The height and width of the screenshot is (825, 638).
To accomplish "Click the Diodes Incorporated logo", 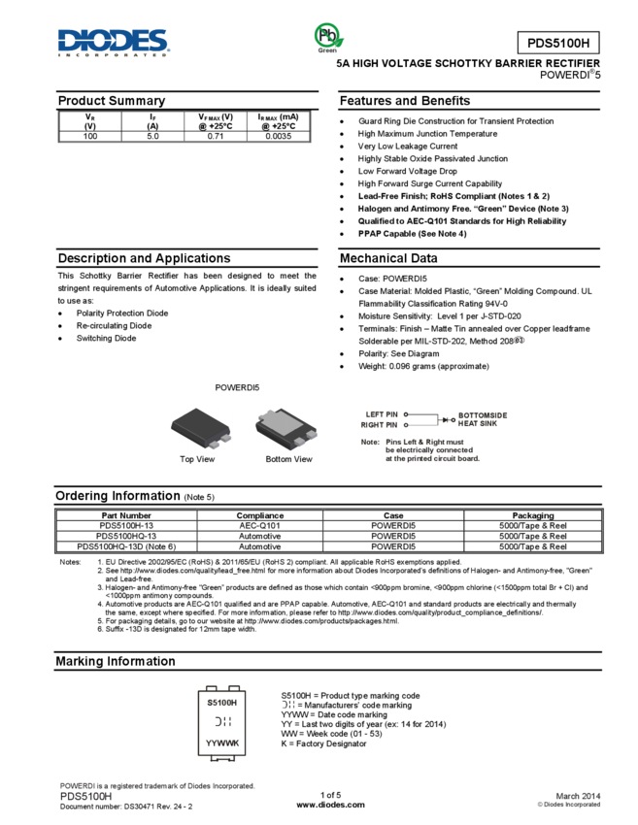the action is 113,43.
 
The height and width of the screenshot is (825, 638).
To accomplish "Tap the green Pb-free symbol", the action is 328,37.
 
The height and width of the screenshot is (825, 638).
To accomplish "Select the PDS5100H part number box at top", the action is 558,43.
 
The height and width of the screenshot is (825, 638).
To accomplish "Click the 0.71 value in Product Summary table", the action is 216,136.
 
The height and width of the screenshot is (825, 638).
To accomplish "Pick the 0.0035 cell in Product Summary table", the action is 278,136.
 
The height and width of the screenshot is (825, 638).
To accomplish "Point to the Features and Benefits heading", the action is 405,101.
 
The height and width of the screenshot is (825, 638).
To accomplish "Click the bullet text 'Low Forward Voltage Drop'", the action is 408,171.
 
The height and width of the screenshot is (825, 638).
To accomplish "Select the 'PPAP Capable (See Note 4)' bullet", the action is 412,234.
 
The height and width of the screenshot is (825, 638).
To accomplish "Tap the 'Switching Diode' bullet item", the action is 107,339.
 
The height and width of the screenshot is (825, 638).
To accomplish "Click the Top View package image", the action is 201,428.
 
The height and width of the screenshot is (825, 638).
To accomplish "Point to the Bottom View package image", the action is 285,428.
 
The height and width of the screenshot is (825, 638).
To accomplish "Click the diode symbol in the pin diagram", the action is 446,420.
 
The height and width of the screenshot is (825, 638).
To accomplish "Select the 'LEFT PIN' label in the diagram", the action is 382,414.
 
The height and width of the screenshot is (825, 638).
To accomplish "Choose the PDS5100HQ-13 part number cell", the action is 126,536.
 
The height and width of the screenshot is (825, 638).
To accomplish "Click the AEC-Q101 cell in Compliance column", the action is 259,526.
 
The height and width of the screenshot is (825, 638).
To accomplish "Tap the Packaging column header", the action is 533,515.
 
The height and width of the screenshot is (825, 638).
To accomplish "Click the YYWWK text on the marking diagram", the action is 222,742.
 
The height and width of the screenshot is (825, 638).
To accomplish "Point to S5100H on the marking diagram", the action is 222,703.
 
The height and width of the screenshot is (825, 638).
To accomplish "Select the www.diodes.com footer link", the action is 330,805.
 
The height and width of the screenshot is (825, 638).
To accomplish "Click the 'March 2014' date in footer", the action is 578,796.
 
